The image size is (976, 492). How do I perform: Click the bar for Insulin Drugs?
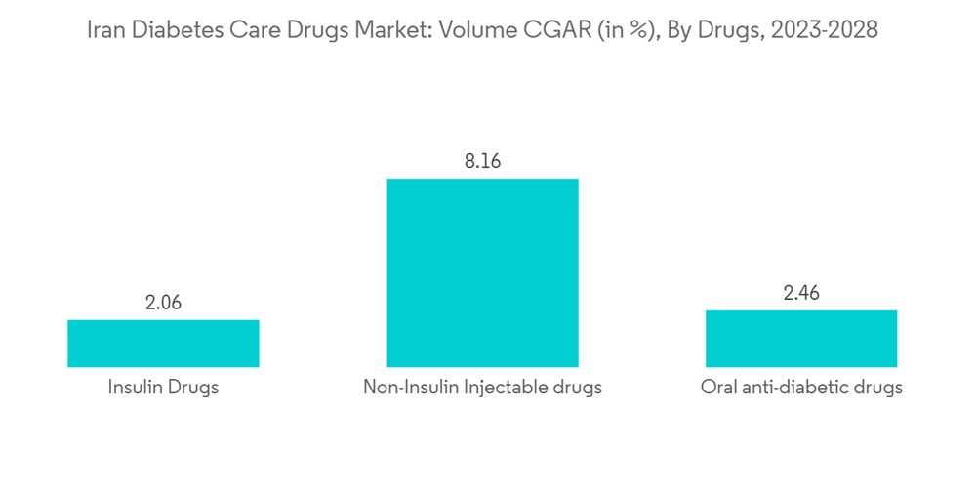163,343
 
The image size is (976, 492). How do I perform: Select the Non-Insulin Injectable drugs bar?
482,272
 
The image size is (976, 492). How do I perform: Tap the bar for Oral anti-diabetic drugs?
801,338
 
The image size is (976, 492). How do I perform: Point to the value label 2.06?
163,304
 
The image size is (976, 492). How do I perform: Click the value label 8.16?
482,162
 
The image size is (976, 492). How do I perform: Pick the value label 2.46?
801,294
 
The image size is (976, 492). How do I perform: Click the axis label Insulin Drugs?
163,388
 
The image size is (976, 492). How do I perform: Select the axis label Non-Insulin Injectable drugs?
482,388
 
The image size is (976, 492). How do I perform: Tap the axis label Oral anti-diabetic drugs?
801,388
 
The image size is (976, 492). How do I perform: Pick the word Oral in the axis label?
718,388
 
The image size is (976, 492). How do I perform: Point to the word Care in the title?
245,31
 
